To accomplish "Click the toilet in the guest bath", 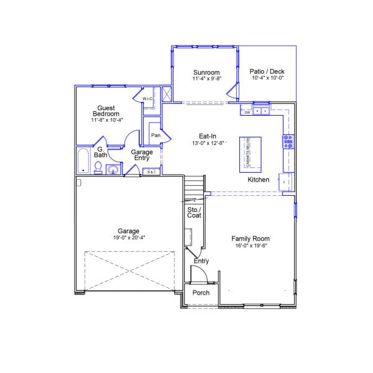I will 98,167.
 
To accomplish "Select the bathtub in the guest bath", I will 83,161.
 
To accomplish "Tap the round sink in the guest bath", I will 113,169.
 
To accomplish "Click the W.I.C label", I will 147,99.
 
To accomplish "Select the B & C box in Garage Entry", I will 151,172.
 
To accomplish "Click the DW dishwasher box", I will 247,113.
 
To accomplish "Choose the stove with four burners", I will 288,142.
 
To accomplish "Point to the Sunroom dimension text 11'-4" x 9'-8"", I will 207,79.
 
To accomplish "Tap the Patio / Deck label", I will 268,71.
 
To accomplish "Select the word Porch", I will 201,293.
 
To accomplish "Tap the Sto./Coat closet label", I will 195,213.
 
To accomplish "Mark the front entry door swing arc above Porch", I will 197,272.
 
